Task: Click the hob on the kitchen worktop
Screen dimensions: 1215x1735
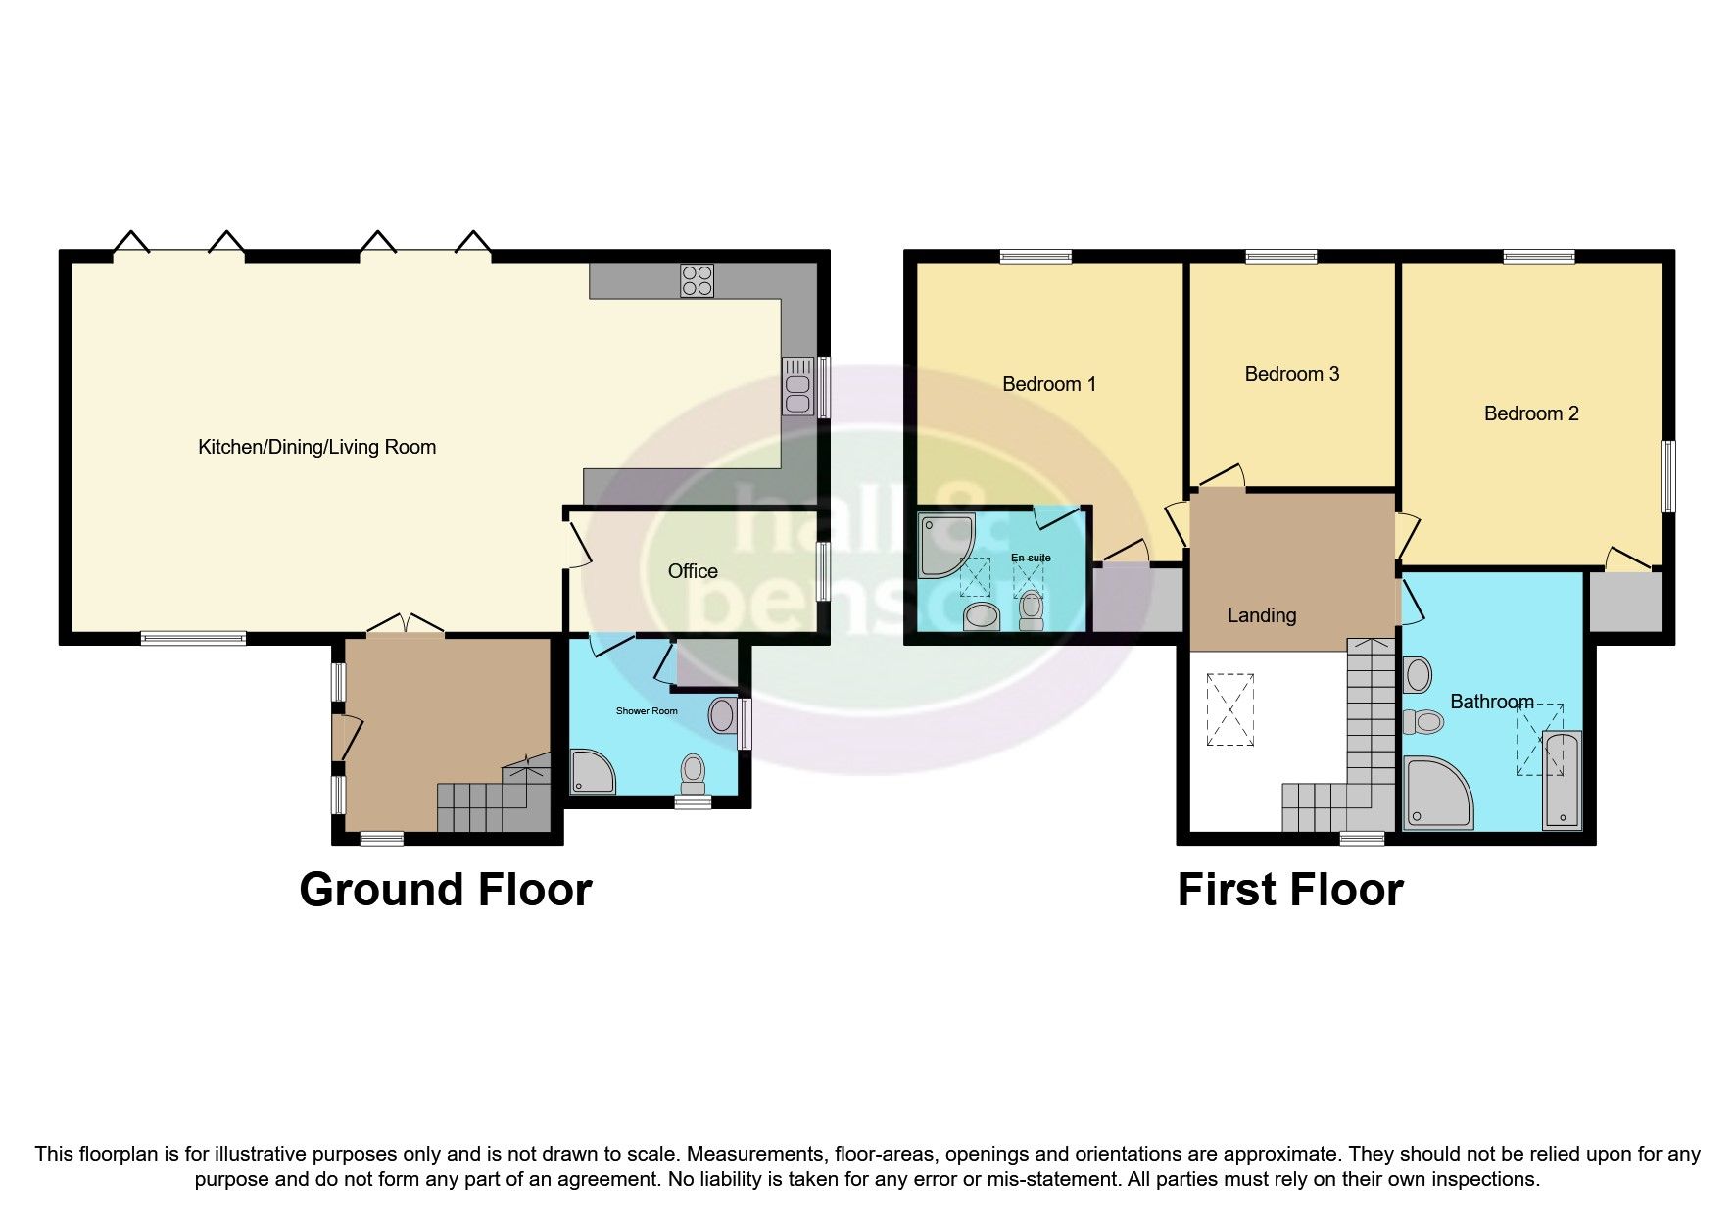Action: click(x=697, y=280)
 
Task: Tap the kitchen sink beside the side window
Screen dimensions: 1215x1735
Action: click(x=797, y=386)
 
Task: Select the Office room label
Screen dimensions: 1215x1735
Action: click(x=693, y=571)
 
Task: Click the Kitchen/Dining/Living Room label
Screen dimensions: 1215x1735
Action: click(x=316, y=448)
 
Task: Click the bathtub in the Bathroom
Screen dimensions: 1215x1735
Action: click(x=1561, y=779)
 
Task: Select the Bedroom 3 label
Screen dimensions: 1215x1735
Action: click(x=1291, y=374)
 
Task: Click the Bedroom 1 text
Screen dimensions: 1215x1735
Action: click(x=1048, y=384)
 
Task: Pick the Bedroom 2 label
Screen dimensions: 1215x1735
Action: click(x=1530, y=413)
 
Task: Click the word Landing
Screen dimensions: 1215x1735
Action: click(x=1261, y=615)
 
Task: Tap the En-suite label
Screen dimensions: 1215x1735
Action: click(x=1031, y=558)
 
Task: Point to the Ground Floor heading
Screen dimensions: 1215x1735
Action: click(x=445, y=890)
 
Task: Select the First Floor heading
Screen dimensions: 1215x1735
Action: click(x=1289, y=890)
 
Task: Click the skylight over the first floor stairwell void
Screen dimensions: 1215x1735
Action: click(x=1231, y=709)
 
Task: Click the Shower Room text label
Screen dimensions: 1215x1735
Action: click(x=647, y=710)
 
